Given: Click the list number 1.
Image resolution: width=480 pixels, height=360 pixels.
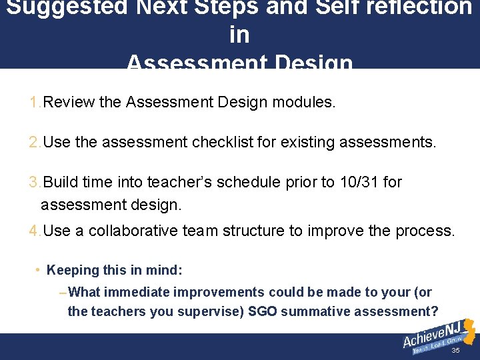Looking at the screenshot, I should pyautogui.click(x=35, y=103).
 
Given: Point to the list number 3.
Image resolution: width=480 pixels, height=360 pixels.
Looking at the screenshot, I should pyautogui.click(x=35, y=182).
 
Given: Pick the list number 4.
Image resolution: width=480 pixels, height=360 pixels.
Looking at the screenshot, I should pyautogui.click(x=35, y=231).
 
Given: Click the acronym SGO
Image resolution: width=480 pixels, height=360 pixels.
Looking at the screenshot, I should pyautogui.click(x=261, y=311).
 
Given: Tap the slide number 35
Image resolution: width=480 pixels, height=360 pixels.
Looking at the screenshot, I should pyautogui.click(x=455, y=351).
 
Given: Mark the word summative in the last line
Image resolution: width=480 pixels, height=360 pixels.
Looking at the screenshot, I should pyautogui.click(x=313, y=311).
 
